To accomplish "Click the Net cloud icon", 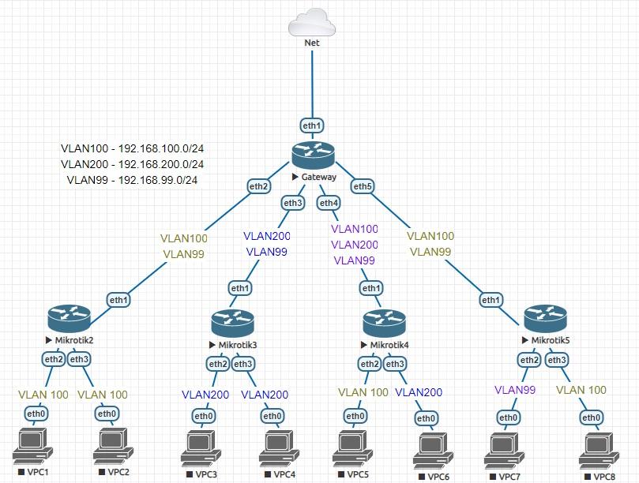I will click(x=312, y=21).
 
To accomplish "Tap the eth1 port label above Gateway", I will click(x=312, y=125).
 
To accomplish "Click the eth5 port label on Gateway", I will click(x=363, y=186).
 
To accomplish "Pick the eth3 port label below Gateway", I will click(x=293, y=203).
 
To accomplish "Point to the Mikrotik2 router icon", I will click(x=70, y=318).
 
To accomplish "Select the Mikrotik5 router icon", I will click(x=545, y=318).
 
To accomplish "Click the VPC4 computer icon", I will click(x=279, y=448).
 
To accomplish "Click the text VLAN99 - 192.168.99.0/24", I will click(x=132, y=180).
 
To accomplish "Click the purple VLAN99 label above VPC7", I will click(x=515, y=390).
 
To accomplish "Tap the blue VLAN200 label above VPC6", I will click(x=419, y=391).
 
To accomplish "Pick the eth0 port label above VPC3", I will click(x=204, y=416).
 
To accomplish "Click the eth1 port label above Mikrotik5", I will click(x=491, y=300).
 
